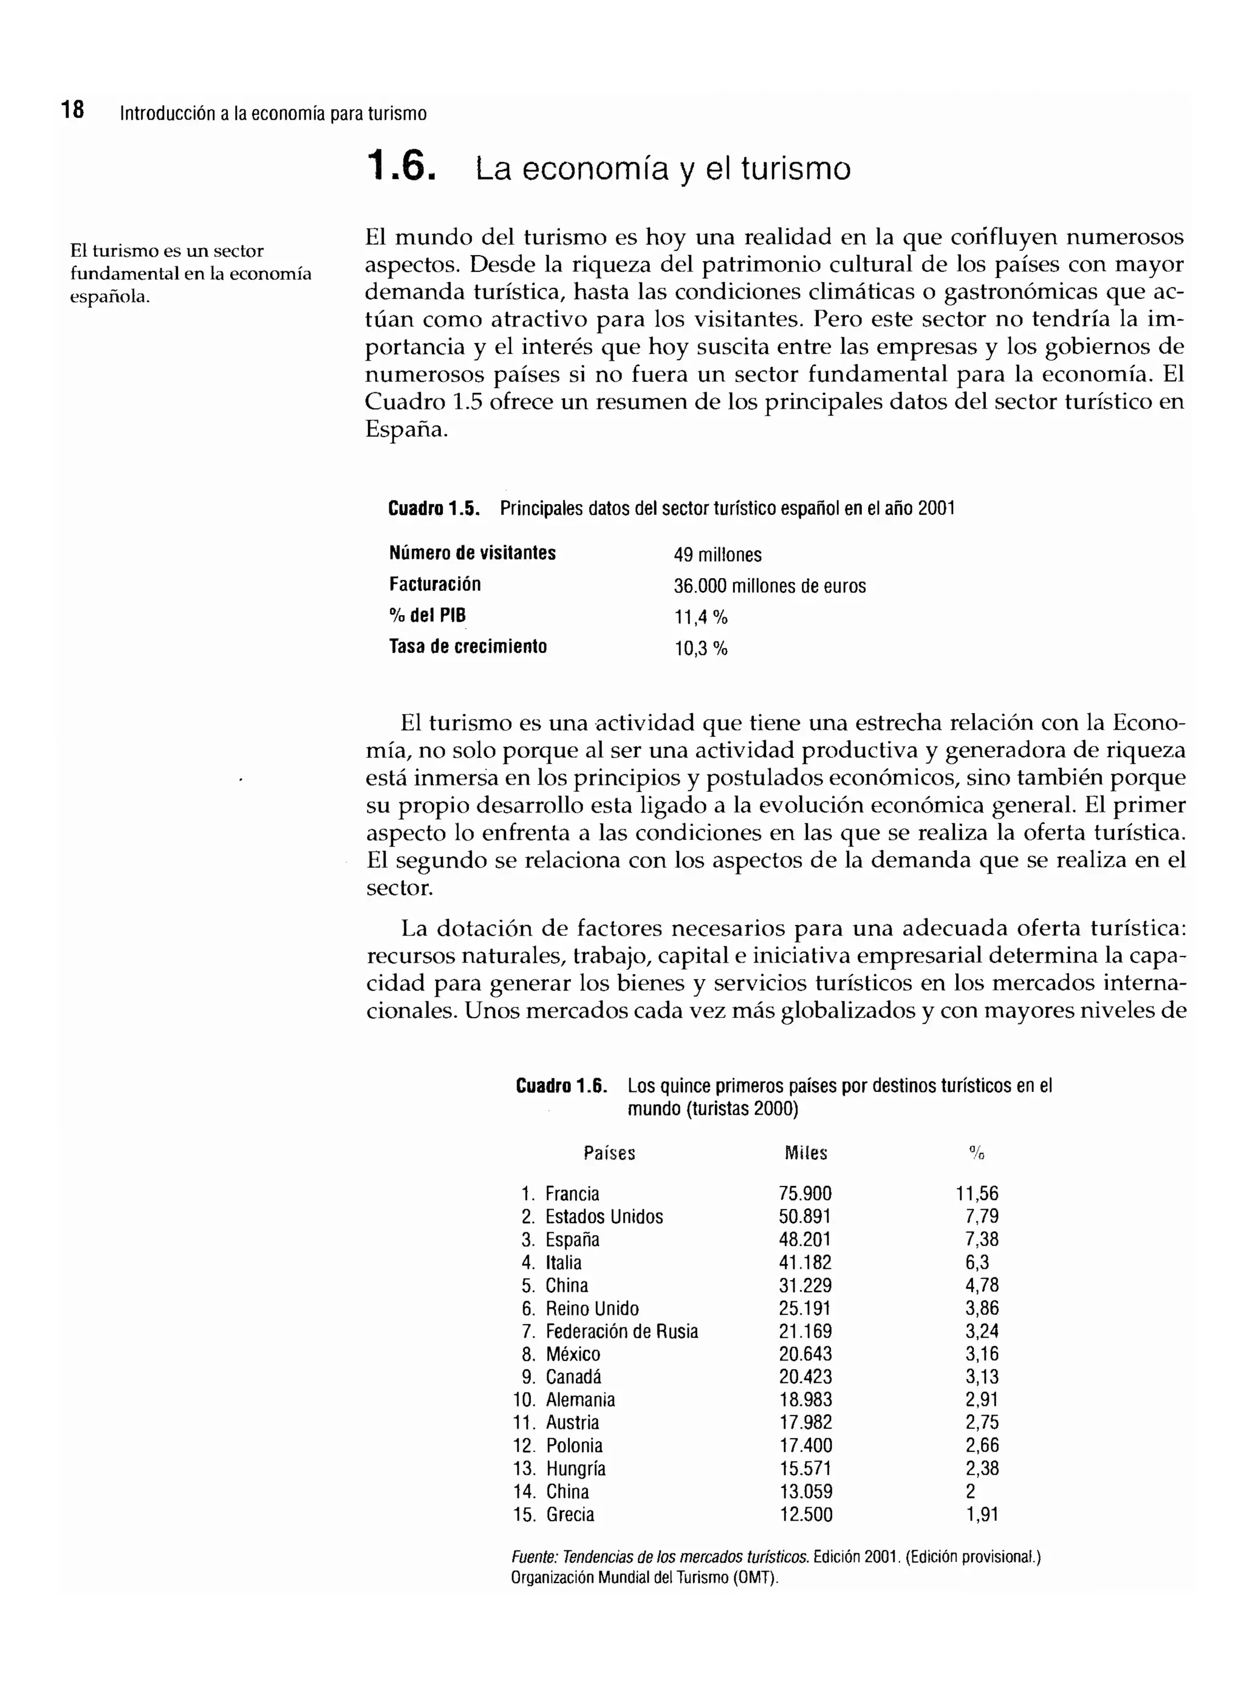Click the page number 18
[73, 111]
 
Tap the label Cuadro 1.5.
[434, 508]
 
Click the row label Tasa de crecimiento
[468, 646]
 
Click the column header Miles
[805, 1153]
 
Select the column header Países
[609, 1153]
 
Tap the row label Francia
[572, 1194]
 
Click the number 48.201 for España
[805, 1240]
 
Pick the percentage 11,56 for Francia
[977, 1194]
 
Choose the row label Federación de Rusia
[621, 1332]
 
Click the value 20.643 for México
[805, 1354]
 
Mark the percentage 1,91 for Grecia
[982, 1515]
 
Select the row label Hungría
[575, 1468]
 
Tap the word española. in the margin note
[110, 296]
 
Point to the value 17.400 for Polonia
[805, 1446]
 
